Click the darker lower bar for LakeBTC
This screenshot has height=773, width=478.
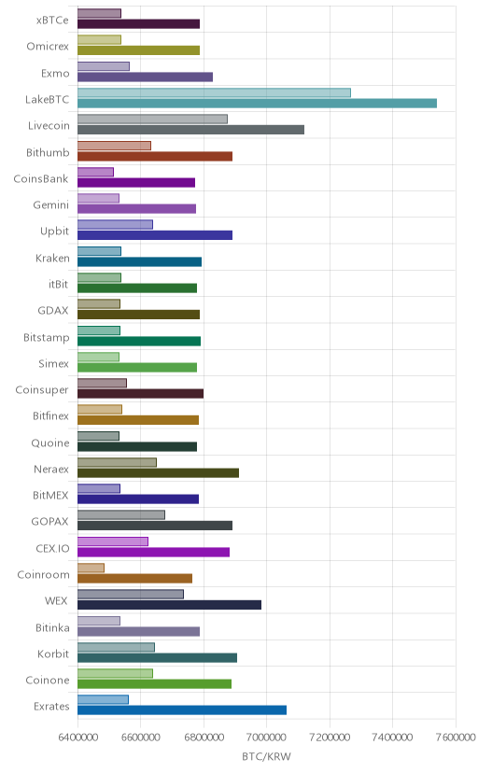click(257, 103)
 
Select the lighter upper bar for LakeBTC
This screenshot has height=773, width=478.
click(214, 92)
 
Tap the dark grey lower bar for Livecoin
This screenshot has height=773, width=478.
click(190, 130)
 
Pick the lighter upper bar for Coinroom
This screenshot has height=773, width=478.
click(91, 568)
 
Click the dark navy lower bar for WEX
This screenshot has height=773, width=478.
click(169, 605)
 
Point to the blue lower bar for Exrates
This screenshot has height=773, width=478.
click(182, 710)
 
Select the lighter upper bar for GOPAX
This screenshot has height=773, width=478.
click(121, 515)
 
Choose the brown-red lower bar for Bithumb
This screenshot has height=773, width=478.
click(155, 156)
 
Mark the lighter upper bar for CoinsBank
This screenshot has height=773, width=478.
click(95, 172)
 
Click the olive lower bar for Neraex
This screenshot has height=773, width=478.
click(158, 473)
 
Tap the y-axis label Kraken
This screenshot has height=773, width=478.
click(52, 258)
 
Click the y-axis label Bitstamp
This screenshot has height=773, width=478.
click(47, 337)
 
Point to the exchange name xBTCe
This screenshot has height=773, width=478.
click(52, 21)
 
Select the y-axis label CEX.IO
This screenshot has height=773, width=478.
click(52, 548)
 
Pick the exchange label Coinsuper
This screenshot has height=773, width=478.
click(42, 389)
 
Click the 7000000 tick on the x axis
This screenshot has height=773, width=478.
click(267, 737)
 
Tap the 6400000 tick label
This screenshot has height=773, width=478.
click(77, 737)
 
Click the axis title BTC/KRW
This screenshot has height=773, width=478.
click(267, 756)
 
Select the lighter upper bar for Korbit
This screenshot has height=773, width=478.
click(116, 647)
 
